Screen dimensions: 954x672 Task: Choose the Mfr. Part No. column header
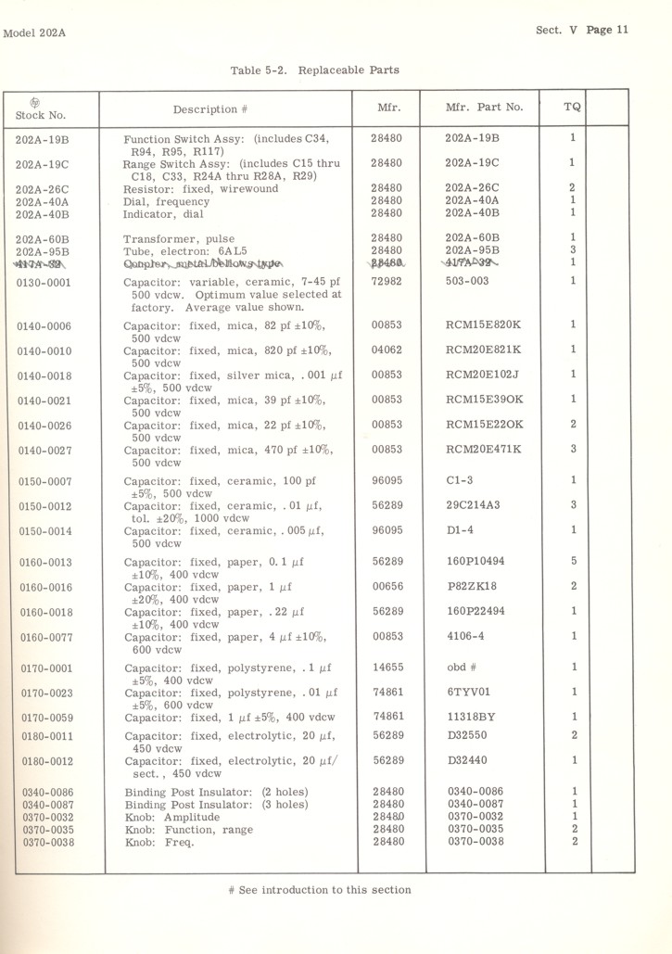(x=484, y=108)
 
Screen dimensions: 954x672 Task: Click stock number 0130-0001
(x=44, y=283)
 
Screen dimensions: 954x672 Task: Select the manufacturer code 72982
(x=385, y=282)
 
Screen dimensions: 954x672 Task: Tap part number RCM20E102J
(x=483, y=375)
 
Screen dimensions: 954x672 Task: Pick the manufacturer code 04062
(x=385, y=350)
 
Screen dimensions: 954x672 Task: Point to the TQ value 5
(x=573, y=561)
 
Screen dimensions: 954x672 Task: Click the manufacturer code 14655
(x=385, y=667)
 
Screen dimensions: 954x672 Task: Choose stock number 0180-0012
(x=44, y=761)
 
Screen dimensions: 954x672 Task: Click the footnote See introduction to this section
(x=319, y=891)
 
